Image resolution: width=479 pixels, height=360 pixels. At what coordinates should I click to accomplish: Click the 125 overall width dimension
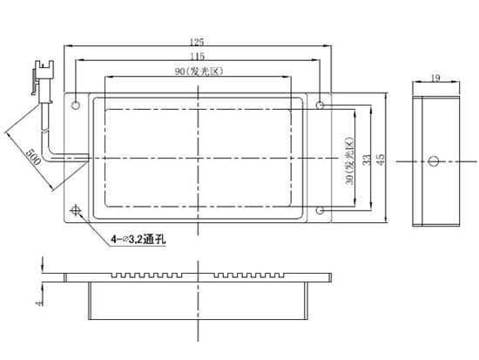197,42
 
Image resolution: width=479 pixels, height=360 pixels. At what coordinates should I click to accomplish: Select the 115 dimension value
198,57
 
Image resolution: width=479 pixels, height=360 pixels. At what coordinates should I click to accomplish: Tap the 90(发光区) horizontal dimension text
199,71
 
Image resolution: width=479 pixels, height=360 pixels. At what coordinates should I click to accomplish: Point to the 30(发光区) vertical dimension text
349,161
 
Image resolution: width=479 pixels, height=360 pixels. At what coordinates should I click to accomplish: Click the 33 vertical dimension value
367,160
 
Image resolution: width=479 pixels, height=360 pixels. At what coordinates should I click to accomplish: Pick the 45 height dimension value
381,160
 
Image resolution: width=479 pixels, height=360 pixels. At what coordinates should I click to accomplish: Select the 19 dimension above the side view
435,78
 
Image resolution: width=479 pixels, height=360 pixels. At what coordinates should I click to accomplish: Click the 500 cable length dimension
33,157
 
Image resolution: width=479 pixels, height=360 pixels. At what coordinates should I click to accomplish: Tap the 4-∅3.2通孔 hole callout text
138,239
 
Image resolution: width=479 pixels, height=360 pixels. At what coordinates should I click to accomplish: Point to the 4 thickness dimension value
39,303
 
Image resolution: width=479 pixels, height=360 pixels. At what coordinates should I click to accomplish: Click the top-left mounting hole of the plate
76,105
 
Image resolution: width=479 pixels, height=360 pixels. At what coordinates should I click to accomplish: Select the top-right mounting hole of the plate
320,105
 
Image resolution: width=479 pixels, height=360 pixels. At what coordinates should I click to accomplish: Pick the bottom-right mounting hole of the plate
320,210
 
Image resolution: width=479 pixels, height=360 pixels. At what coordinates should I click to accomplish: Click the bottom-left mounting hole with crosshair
76,210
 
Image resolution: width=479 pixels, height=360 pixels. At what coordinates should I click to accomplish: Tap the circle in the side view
434,161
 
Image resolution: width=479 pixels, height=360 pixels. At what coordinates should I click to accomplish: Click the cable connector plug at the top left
43,80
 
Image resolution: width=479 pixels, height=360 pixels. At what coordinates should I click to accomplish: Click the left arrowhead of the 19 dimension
416,82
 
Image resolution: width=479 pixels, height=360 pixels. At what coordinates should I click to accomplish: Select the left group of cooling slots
147,275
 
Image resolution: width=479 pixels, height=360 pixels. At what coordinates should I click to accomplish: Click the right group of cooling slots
249,275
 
